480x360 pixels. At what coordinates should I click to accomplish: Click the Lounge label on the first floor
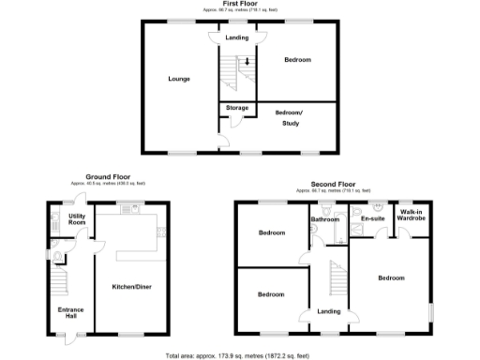click(179, 79)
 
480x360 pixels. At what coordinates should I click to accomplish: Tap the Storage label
click(237, 108)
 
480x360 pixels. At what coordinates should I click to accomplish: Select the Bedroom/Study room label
click(295, 117)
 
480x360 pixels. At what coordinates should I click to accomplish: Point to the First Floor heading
click(238, 5)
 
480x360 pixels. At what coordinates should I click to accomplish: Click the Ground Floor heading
click(108, 176)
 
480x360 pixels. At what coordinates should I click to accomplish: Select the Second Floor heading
click(334, 185)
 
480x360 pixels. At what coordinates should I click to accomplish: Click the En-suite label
click(372, 218)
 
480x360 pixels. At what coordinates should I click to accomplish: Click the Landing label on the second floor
click(328, 311)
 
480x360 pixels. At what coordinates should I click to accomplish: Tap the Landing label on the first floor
click(236, 37)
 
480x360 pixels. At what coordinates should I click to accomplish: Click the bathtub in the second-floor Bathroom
click(316, 235)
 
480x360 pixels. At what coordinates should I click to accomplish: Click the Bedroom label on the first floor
click(297, 60)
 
